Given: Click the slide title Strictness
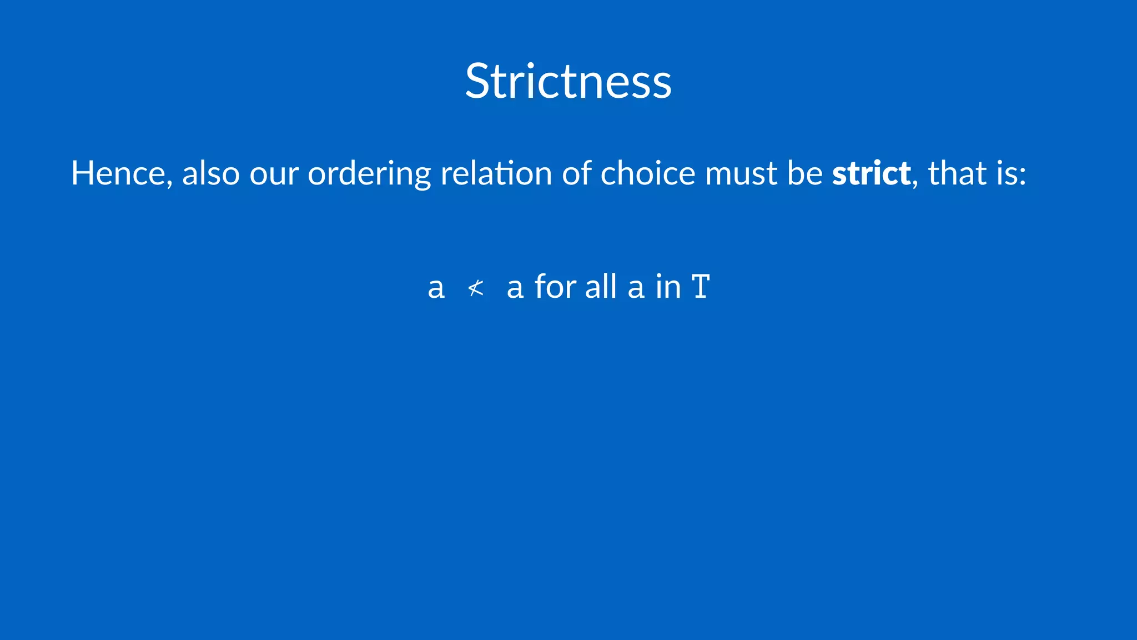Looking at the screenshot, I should [x=568, y=81].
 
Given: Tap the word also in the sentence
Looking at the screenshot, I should [x=211, y=173].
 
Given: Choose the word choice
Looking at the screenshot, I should [x=648, y=173].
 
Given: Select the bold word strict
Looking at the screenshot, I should [x=871, y=173].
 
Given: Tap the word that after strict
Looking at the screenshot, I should [x=957, y=173].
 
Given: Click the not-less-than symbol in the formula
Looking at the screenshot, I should [x=476, y=288].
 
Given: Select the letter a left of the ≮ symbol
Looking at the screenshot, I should [x=436, y=288].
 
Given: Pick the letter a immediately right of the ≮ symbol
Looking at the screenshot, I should [x=515, y=288].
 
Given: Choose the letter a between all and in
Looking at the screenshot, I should [x=636, y=288].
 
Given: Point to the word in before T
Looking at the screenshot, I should [x=668, y=287].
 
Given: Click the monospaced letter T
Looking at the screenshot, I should [x=701, y=287].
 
